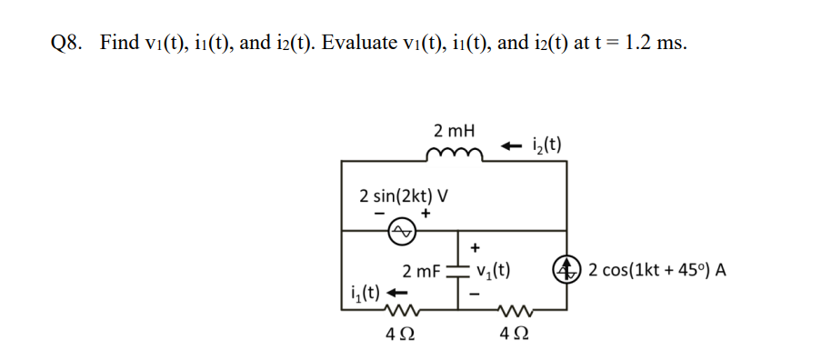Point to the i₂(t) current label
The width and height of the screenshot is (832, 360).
coord(546,144)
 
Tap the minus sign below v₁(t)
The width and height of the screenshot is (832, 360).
coord(473,294)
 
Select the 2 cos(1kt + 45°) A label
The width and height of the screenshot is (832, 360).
coord(657,270)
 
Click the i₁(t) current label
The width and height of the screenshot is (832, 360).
coord(366,293)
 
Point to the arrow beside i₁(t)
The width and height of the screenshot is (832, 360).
coord(396,294)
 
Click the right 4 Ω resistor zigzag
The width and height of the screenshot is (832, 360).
coord(514,311)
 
